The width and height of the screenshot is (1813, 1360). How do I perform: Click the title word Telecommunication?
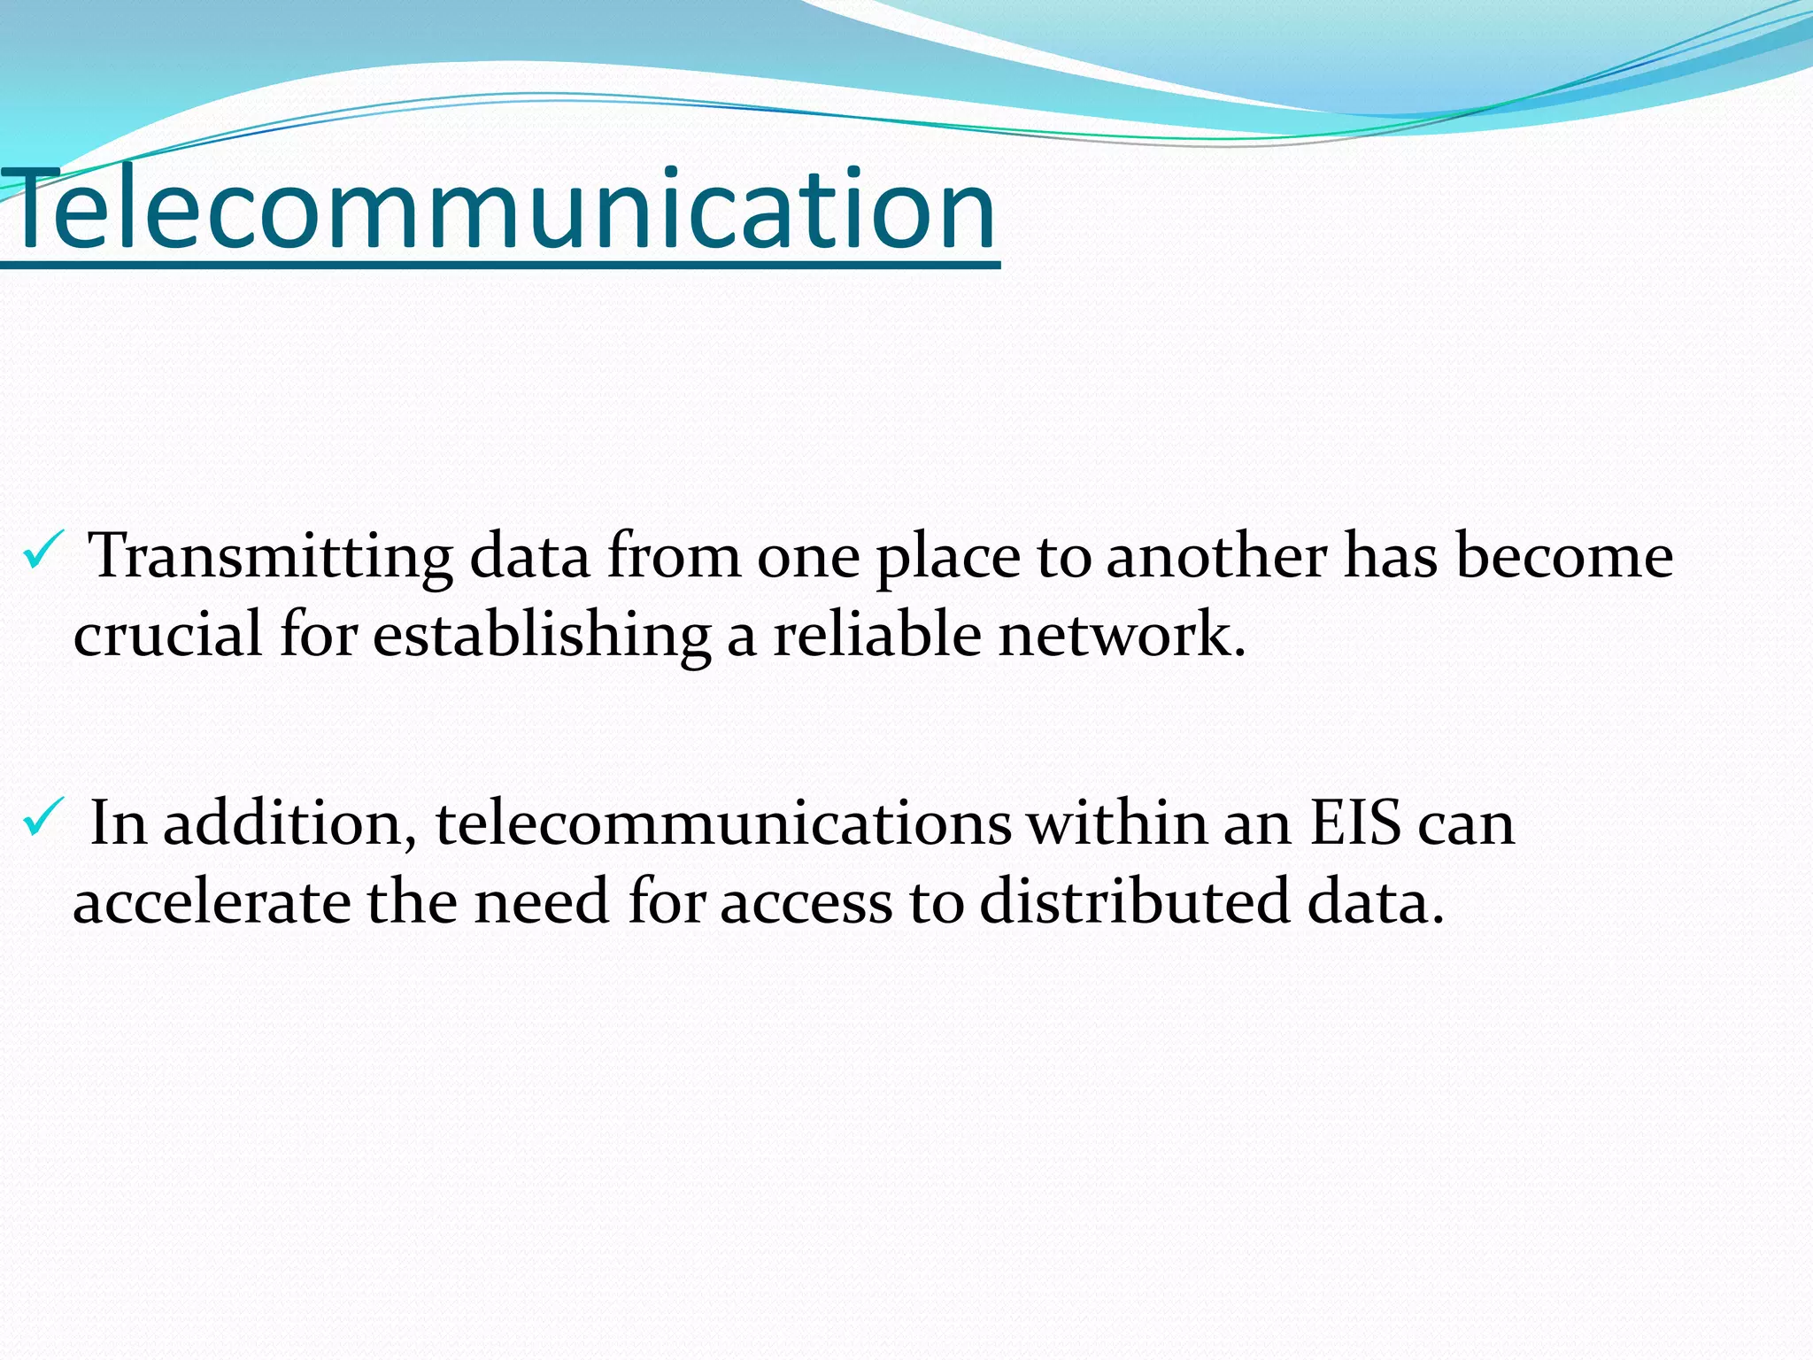click(500, 211)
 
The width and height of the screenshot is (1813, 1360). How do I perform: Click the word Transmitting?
click(272, 558)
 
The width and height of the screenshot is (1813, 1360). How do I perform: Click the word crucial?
click(167, 635)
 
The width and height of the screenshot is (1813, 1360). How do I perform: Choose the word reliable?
click(876, 635)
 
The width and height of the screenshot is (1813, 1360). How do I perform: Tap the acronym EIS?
click(1355, 824)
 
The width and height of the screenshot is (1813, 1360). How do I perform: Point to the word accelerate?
click(212, 902)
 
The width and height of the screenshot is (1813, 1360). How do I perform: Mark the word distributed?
click(1134, 902)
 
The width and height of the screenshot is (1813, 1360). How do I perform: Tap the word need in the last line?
click(541, 902)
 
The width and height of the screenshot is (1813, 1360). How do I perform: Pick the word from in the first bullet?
click(674, 558)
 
